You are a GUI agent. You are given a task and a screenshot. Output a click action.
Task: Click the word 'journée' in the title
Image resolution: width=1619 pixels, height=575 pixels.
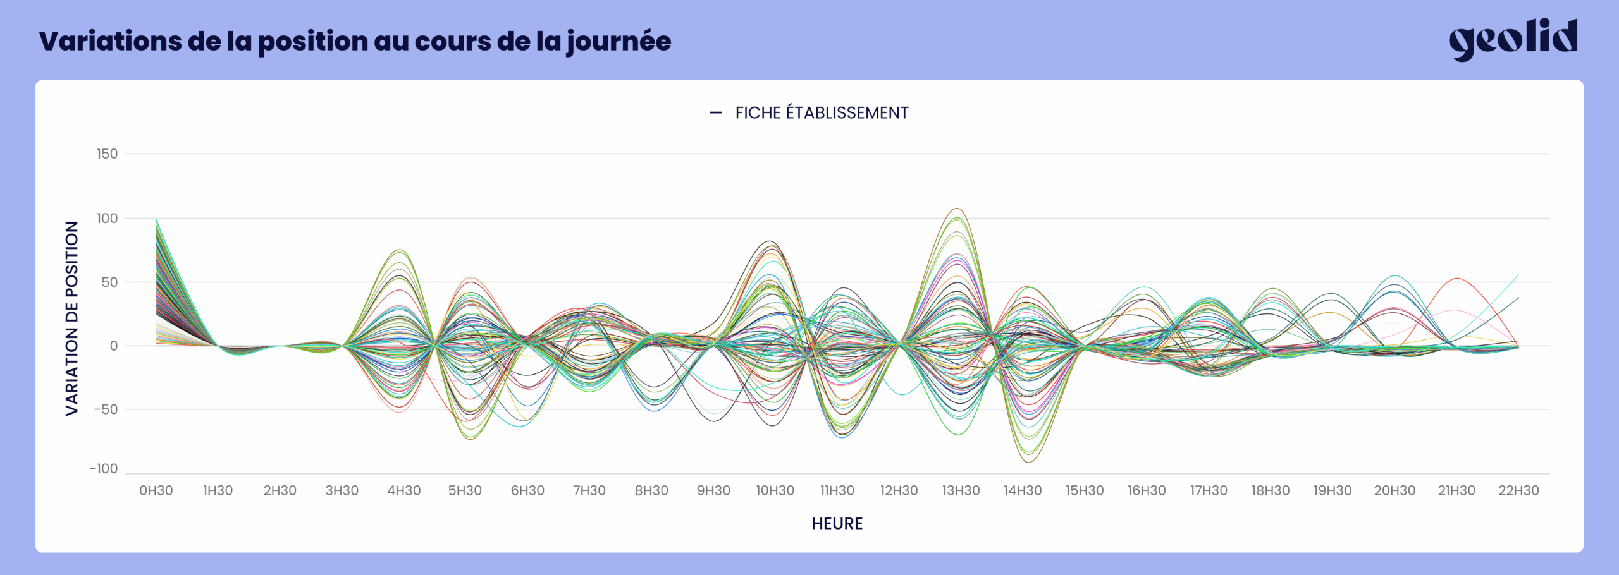pyautogui.click(x=619, y=42)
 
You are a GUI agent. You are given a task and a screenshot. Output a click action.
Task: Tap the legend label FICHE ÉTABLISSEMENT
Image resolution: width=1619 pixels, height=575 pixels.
pyautogui.click(x=821, y=113)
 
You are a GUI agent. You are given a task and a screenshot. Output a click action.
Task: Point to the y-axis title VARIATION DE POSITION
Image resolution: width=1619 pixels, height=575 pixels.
pyautogui.click(x=72, y=318)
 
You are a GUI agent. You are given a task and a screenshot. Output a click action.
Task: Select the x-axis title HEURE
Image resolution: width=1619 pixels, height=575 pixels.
pyautogui.click(x=837, y=523)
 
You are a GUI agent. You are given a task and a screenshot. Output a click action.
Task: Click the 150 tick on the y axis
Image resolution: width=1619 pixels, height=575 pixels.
pyautogui.click(x=107, y=154)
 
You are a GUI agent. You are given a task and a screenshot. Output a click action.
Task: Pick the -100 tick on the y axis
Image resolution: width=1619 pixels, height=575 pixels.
pyautogui.click(x=104, y=469)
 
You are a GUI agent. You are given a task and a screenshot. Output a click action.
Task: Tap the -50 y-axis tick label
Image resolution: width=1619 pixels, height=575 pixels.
pyautogui.click(x=106, y=409)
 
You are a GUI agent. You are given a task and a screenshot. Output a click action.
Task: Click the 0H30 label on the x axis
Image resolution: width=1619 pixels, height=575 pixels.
pyautogui.click(x=156, y=490)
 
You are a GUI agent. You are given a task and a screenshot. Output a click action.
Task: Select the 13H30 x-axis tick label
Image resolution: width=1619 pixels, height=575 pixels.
pyautogui.click(x=961, y=490)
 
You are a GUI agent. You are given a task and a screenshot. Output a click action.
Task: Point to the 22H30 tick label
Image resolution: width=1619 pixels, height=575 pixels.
pyautogui.click(x=1518, y=490)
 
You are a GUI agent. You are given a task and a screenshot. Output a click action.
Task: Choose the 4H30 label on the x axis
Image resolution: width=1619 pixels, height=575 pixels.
pyautogui.click(x=403, y=490)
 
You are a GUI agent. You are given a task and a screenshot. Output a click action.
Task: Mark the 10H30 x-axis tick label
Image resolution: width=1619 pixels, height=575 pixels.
pyautogui.click(x=775, y=490)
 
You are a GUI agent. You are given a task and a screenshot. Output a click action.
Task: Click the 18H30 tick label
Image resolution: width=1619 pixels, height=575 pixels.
pyautogui.click(x=1270, y=490)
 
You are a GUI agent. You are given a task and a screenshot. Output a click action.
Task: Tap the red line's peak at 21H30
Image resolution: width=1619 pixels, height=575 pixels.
pyautogui.click(x=1456, y=279)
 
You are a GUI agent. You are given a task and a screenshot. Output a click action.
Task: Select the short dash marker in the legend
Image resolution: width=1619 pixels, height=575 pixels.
pyautogui.click(x=715, y=113)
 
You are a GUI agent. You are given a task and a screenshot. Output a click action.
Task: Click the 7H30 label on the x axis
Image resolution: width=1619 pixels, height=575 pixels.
pyautogui.click(x=589, y=490)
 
